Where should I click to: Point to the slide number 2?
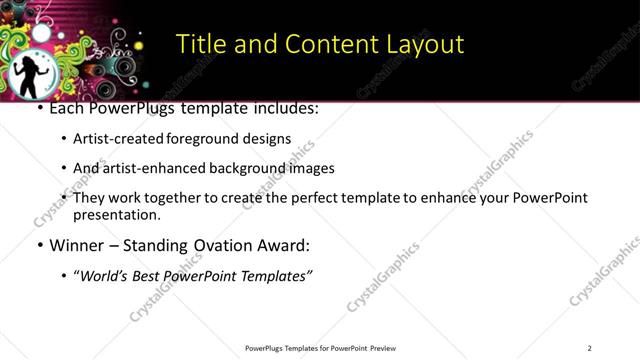(589, 347)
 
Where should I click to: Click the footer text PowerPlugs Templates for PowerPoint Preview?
(319, 347)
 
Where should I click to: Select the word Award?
(286, 245)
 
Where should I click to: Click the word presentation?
(117, 214)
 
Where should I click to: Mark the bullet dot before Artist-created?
(64, 140)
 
